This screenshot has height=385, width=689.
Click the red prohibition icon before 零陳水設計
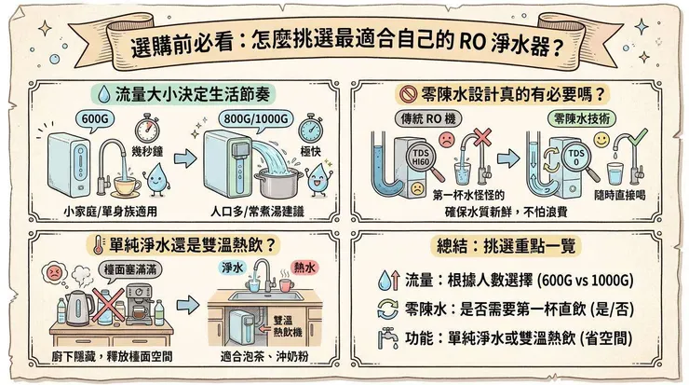[x=407, y=95]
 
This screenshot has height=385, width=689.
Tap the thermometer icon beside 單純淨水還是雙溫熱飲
[x=97, y=246]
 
